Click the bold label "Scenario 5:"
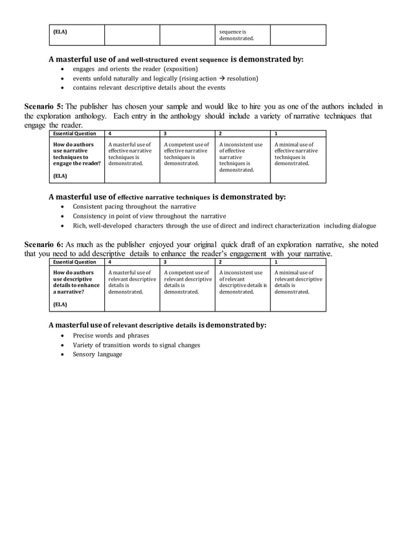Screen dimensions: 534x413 (x=44, y=107)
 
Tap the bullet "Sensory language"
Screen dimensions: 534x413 (x=97, y=354)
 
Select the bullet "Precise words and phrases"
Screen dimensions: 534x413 (x=111, y=336)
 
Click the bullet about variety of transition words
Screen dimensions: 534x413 (x=136, y=345)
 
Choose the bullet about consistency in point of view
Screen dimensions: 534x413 (x=149, y=216)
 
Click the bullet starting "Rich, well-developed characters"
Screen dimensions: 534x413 (x=223, y=226)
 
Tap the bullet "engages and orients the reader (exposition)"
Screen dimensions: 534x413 (x=135, y=69)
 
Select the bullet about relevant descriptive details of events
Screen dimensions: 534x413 (x=149, y=87)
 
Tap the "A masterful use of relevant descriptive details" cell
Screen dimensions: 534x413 (x=132, y=282)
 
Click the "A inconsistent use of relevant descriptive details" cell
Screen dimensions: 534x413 (x=242, y=282)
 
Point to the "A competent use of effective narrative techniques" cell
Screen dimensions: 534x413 (x=187, y=154)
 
